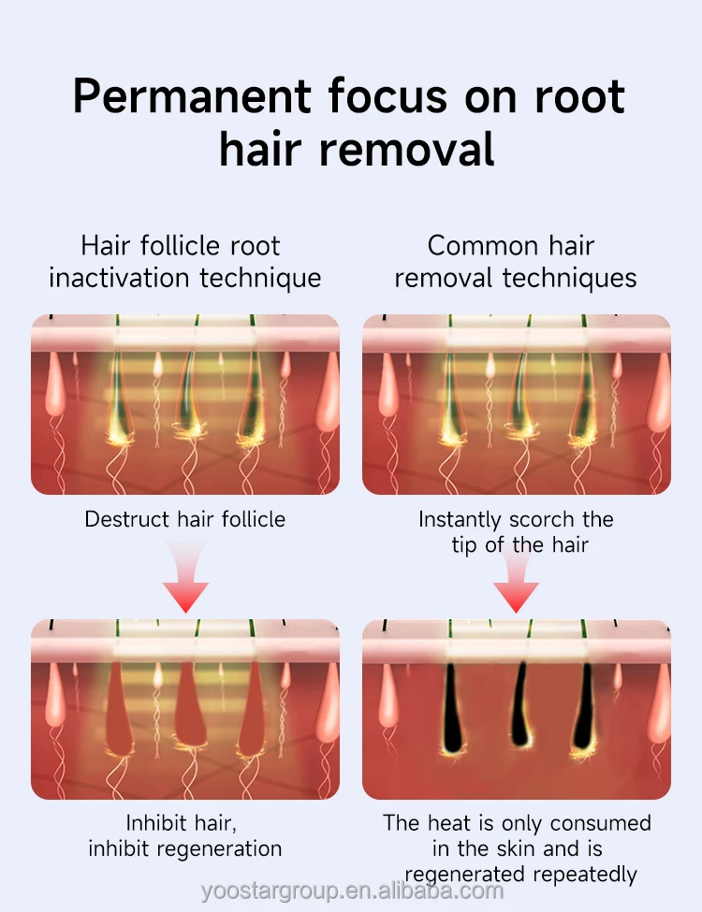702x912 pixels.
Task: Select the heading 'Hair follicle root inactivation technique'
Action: coord(184,262)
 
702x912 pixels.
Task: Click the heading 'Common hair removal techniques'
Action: coord(515,262)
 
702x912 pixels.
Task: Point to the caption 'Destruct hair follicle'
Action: coord(184,518)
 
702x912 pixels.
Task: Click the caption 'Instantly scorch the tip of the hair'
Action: coord(516,531)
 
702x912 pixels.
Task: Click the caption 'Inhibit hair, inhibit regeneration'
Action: coord(184,835)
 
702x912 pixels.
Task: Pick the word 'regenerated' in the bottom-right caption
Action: coord(461,875)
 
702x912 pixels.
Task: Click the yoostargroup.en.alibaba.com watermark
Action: coord(351,890)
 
